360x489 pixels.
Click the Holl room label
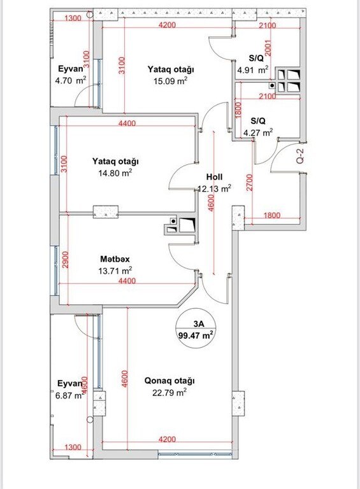click(x=214, y=177)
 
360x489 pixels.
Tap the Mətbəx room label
click(x=115, y=259)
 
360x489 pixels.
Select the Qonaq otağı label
click(x=169, y=381)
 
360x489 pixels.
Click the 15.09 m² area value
click(x=170, y=81)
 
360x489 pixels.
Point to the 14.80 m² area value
click(x=115, y=173)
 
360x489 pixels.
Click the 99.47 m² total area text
click(x=196, y=336)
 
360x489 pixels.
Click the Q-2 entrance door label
click(x=300, y=155)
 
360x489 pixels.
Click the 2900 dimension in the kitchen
click(x=65, y=260)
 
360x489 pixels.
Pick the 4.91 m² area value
click(x=253, y=70)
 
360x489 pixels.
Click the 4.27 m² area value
click(x=258, y=132)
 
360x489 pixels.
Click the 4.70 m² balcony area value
click(x=71, y=81)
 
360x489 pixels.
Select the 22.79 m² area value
click(x=169, y=392)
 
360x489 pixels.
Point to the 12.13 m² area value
click(x=215, y=188)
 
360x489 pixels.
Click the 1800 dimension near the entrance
click(x=272, y=215)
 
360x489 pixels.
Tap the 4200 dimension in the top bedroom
click(x=167, y=25)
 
